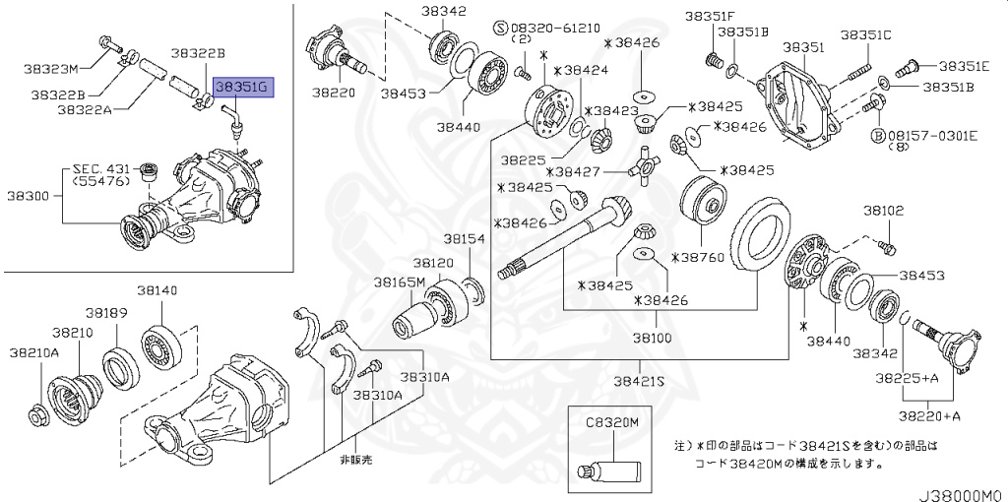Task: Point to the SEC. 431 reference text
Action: point(99,169)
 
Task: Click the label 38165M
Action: point(399,282)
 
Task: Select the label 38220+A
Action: point(930,416)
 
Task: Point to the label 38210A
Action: point(34,351)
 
